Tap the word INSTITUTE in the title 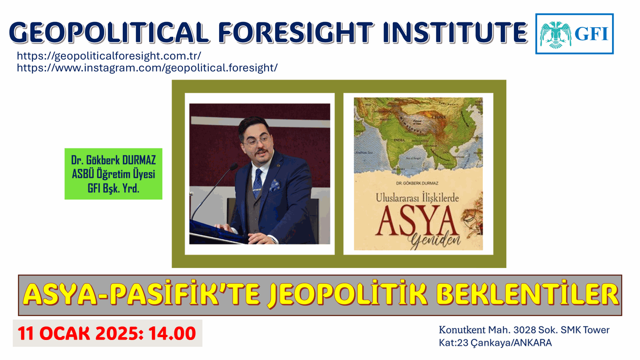point(455,32)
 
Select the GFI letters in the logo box point(591,34)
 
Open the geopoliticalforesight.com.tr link point(109,56)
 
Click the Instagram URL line point(147,68)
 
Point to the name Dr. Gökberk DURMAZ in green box point(113,160)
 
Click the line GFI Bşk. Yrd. point(113,188)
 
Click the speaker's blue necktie point(258,182)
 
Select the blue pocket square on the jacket point(275,185)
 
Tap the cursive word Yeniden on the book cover point(434,240)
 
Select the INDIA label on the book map point(399,140)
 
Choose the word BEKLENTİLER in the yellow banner point(527,295)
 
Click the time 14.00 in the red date point(172,334)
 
